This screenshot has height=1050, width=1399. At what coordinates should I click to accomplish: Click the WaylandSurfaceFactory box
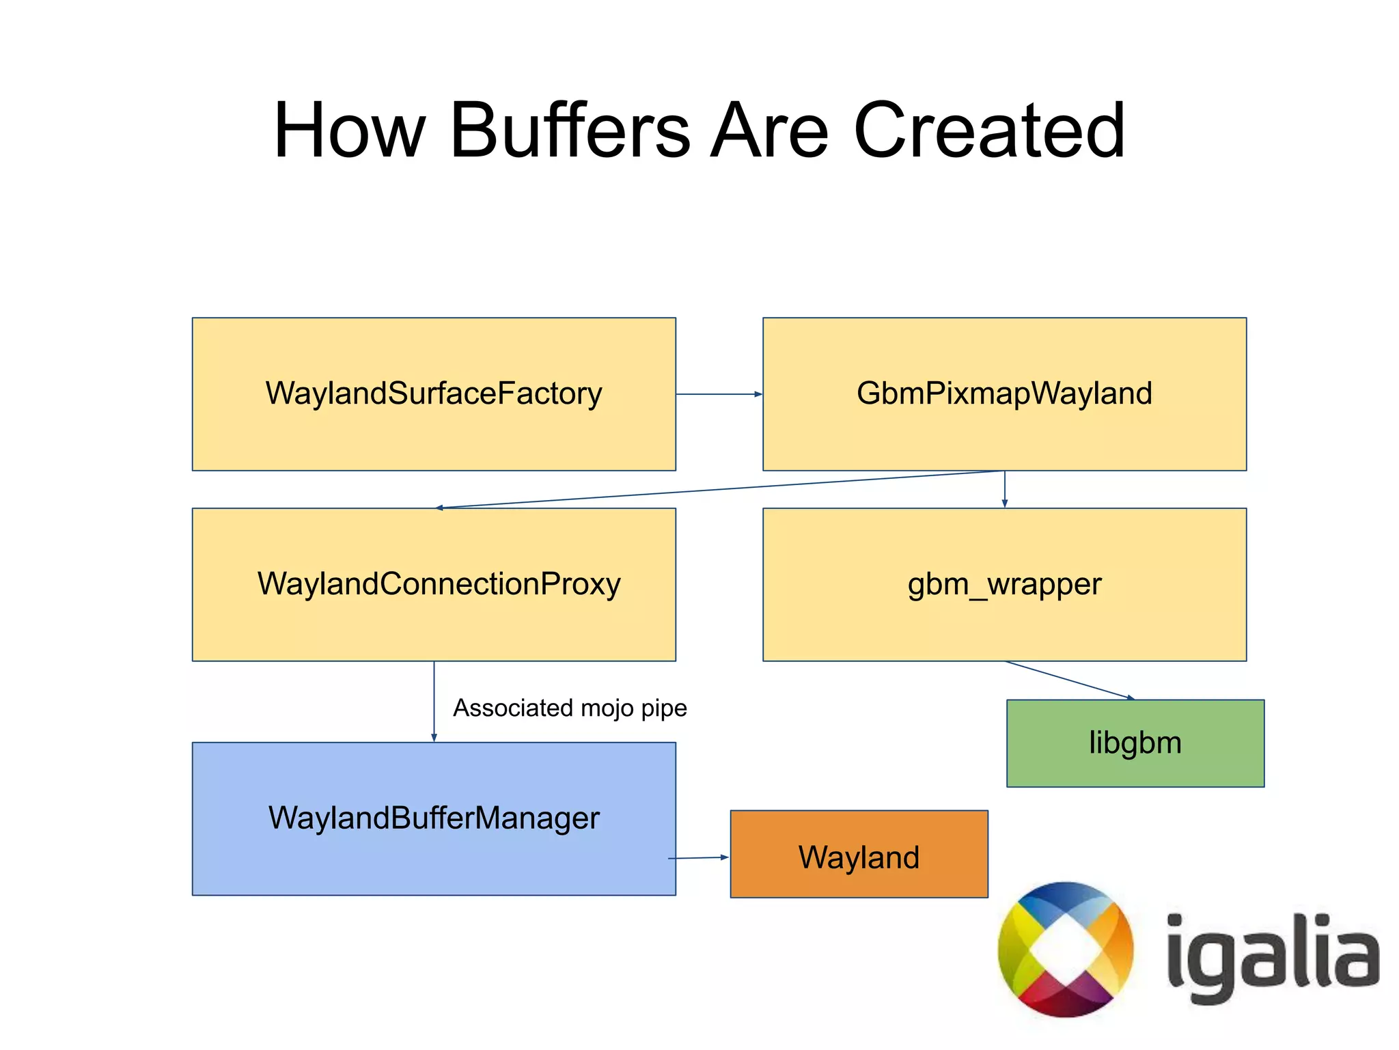coord(434,394)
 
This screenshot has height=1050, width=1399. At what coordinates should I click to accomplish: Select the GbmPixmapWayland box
coord(1004,394)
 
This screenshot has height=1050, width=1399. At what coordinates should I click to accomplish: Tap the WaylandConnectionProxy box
coord(434,584)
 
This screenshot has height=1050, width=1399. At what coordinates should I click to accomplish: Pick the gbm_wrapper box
coord(1004,584)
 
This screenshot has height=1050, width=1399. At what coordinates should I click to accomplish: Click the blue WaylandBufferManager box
coord(434,818)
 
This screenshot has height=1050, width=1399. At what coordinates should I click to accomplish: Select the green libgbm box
coord(1135,743)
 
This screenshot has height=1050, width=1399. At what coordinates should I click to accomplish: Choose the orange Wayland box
coord(859,854)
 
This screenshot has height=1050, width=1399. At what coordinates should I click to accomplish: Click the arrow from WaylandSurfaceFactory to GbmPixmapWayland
coord(719,394)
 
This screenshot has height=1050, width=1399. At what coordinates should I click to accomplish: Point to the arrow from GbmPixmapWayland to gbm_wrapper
coord(1004,489)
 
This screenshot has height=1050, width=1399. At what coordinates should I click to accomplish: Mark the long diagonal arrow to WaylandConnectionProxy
coord(717,489)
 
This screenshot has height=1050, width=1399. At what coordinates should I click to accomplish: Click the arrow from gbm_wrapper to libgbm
coord(1069,680)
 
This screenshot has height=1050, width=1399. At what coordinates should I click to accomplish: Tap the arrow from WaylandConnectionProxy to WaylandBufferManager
coord(434,701)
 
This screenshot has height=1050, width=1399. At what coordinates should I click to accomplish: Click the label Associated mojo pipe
coord(570,708)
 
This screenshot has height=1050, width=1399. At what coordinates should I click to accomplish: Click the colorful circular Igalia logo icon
coord(1065,950)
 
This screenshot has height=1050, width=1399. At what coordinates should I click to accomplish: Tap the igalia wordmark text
coord(1272,956)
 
